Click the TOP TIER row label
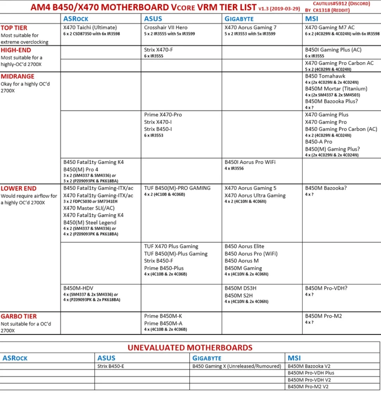[14, 28]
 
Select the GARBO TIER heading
[19, 316]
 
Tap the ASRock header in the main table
[75, 19]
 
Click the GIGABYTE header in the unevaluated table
[207, 358]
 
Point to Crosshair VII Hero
[166, 27]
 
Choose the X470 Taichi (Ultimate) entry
[90, 27]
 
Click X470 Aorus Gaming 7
[250, 27]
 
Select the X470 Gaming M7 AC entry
[330, 27]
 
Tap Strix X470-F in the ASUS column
[158, 50]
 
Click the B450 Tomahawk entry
[325, 76]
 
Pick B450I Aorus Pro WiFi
[250, 162]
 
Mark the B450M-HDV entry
[78, 288]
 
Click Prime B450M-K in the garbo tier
[163, 316]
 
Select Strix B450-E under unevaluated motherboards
[111, 366]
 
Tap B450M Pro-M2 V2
[308, 387]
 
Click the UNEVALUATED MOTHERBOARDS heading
[190, 348]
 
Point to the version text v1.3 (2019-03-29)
[279, 8]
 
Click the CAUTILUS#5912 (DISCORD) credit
[341, 4]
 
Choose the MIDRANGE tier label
[18, 76]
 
